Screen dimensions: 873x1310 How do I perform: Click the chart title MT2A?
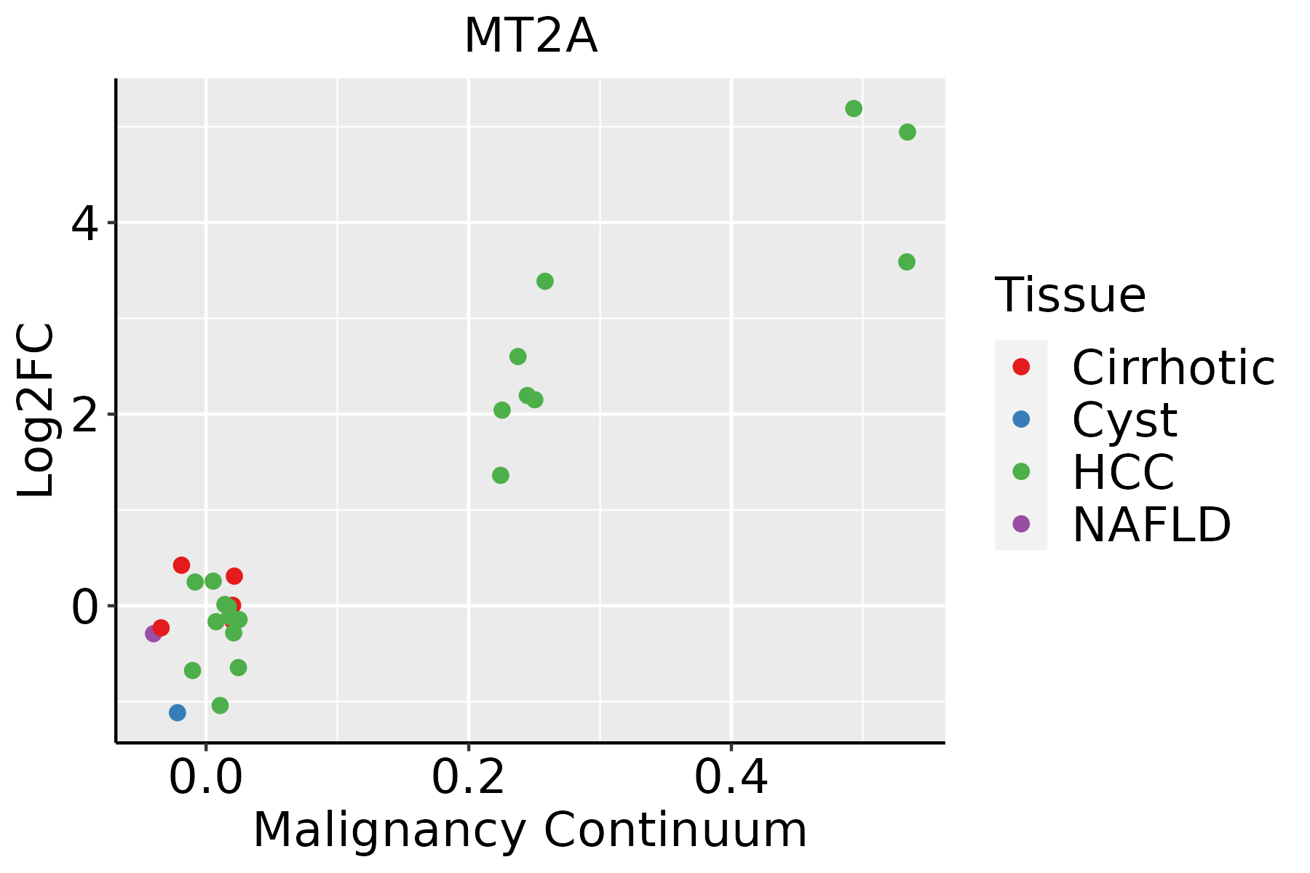coord(531,36)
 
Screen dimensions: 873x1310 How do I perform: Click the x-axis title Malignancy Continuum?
coord(530,830)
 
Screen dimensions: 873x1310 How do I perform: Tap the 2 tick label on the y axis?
coord(84,415)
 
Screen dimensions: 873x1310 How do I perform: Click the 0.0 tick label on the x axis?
coord(206,778)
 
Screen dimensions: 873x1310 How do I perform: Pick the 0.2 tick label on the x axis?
coord(469,778)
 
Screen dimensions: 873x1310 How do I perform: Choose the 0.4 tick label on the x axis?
coord(731,778)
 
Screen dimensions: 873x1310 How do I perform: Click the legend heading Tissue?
coord(1070,295)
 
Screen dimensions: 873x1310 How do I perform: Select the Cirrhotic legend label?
coord(1173,367)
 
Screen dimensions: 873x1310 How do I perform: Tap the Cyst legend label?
coord(1124,420)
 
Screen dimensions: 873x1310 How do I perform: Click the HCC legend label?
coord(1123,472)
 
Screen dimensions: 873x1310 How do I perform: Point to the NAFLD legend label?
coord(1151,525)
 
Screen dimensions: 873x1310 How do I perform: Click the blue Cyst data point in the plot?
coord(178,713)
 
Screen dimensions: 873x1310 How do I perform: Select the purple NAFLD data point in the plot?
coord(154,634)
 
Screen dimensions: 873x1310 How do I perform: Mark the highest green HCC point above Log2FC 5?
coord(854,108)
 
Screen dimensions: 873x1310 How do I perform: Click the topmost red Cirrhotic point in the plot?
coord(181,565)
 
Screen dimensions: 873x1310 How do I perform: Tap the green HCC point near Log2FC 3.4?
coord(545,282)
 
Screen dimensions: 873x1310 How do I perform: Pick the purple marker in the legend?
coord(1021,524)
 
